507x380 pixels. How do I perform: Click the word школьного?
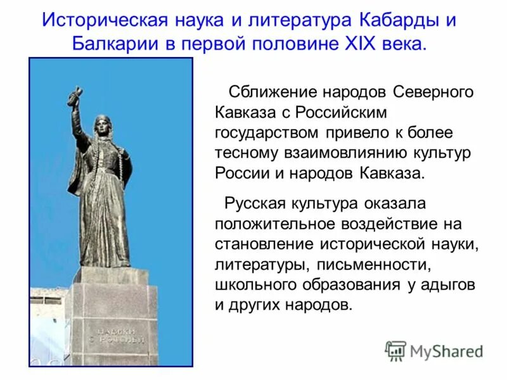click(254, 285)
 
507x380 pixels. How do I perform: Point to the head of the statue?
click(101, 125)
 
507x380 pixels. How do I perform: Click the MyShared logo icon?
click(396, 351)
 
